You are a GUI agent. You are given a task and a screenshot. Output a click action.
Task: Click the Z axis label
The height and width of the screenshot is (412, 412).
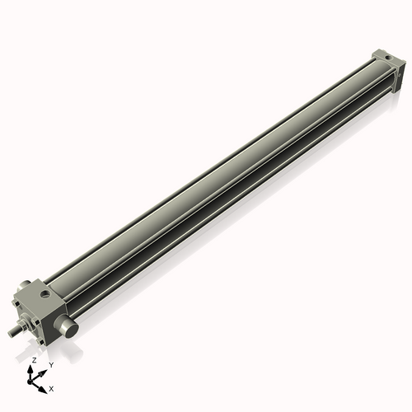[x=34, y=360]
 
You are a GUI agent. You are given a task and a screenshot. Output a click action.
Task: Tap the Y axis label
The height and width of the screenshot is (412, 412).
[x=50, y=364]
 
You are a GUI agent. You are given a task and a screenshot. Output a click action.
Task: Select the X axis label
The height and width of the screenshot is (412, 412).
[x=52, y=387]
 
